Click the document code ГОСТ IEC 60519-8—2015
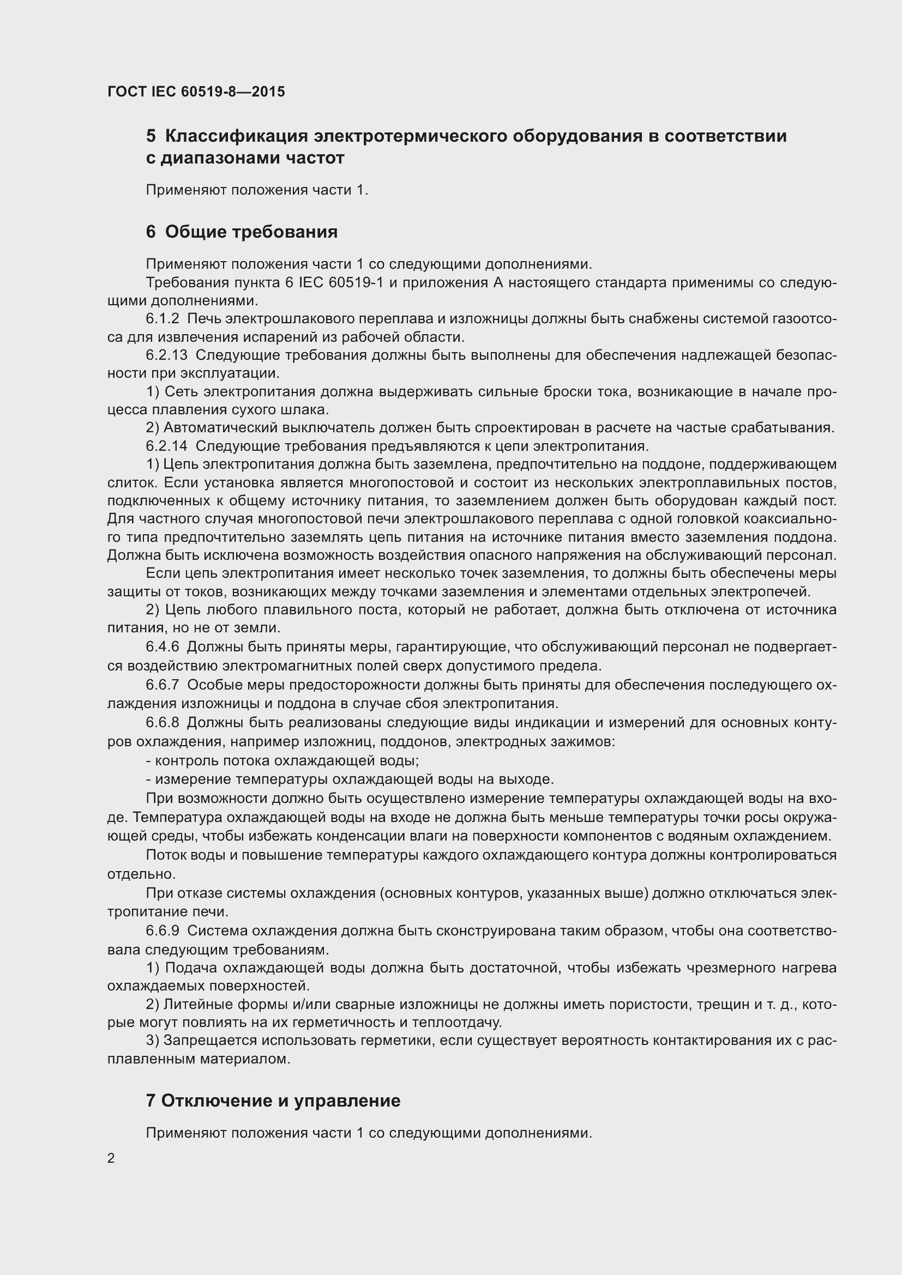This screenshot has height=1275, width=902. [x=196, y=92]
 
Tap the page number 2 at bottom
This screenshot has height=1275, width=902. [x=111, y=1158]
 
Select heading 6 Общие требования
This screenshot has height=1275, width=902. [x=242, y=232]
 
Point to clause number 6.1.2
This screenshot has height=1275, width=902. [x=163, y=319]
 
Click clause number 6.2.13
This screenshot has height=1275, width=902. [x=167, y=355]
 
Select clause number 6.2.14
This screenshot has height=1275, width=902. [x=167, y=446]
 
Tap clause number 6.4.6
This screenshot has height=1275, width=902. [x=163, y=647]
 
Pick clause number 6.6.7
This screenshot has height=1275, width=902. [x=163, y=685]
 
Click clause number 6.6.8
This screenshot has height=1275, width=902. [x=163, y=723]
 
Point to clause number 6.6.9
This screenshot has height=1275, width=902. [x=163, y=930]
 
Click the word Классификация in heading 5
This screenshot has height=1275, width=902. [x=236, y=136]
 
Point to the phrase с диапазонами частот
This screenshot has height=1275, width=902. [x=245, y=158]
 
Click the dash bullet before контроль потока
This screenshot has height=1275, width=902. [x=149, y=761]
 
